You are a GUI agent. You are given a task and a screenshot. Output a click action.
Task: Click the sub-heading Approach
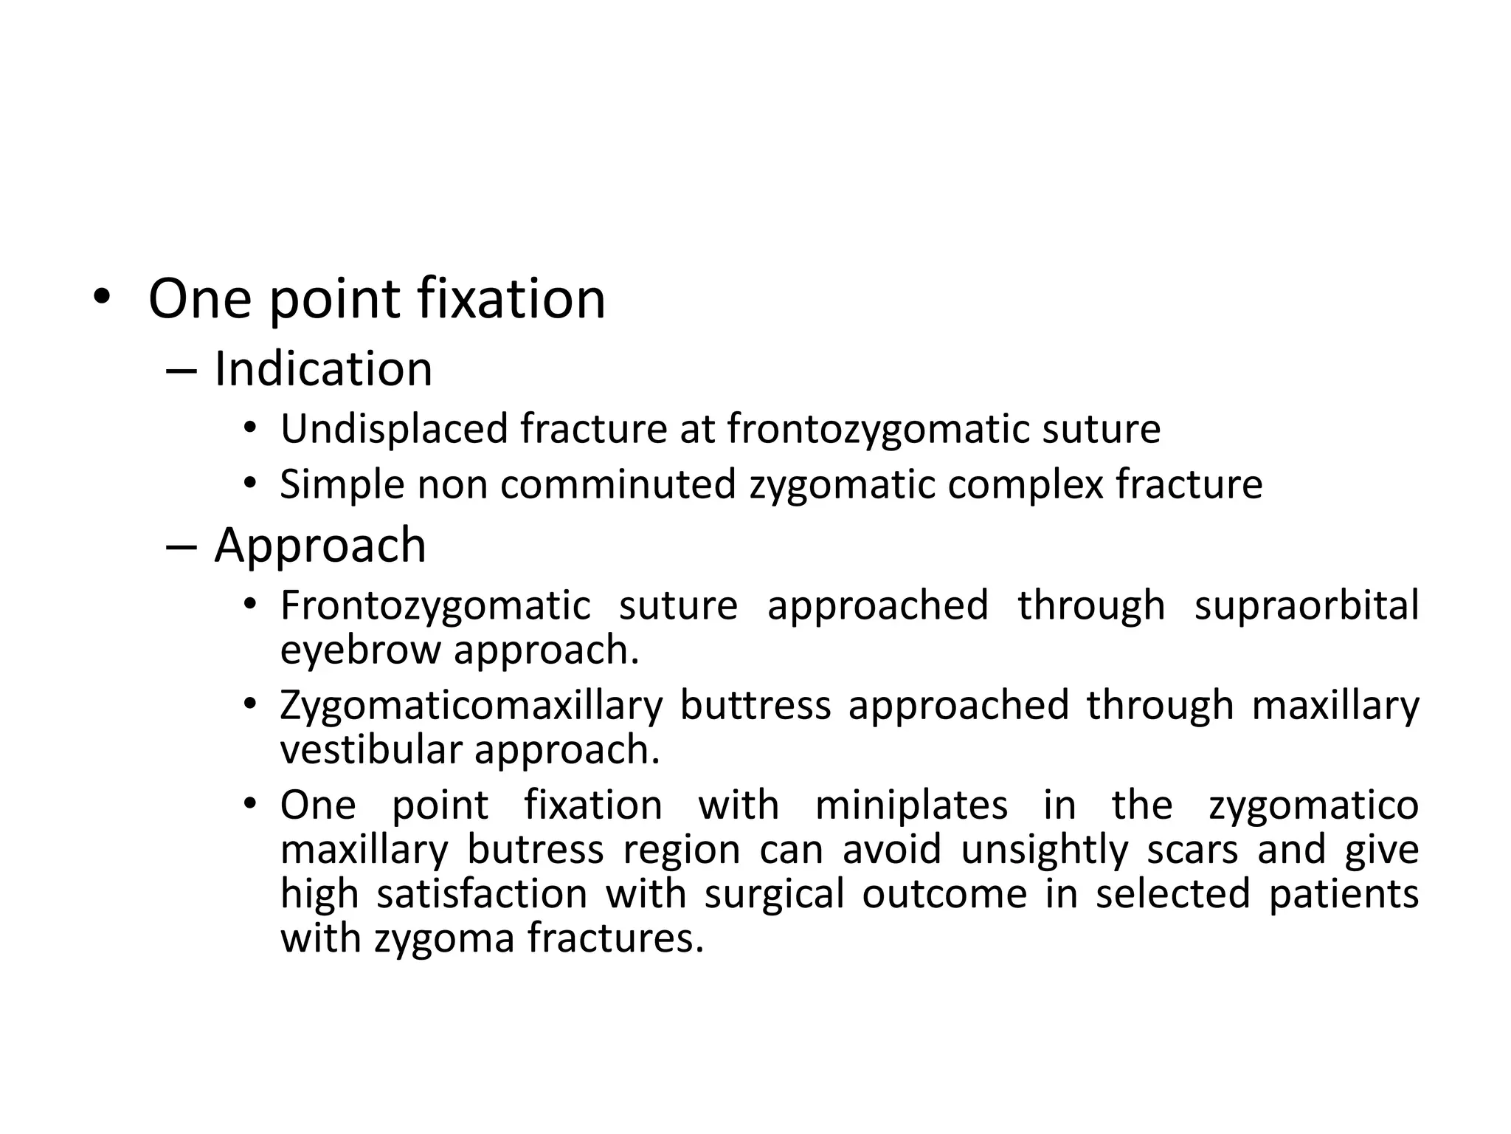pyautogui.click(x=320, y=546)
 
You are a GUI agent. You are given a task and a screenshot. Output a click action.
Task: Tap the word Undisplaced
pyautogui.click(x=395, y=429)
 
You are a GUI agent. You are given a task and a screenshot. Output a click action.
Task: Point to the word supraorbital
pyautogui.click(x=1307, y=606)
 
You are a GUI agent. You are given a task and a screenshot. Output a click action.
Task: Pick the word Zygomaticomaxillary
pyautogui.click(x=471, y=706)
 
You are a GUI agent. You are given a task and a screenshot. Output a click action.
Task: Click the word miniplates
pyautogui.click(x=911, y=805)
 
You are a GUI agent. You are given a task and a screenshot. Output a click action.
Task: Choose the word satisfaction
pyautogui.click(x=482, y=894)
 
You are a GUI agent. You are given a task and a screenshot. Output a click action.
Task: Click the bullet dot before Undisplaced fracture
pyautogui.click(x=250, y=429)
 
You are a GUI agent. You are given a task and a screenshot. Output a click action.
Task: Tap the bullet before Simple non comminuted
pyautogui.click(x=250, y=484)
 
